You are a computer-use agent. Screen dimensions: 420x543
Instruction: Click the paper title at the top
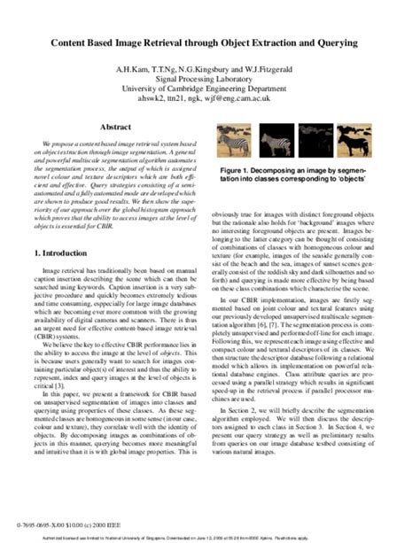coord(209,42)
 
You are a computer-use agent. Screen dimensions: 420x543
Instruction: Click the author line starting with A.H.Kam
coord(209,67)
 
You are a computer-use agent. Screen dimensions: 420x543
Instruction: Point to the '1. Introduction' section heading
coord(67,229)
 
